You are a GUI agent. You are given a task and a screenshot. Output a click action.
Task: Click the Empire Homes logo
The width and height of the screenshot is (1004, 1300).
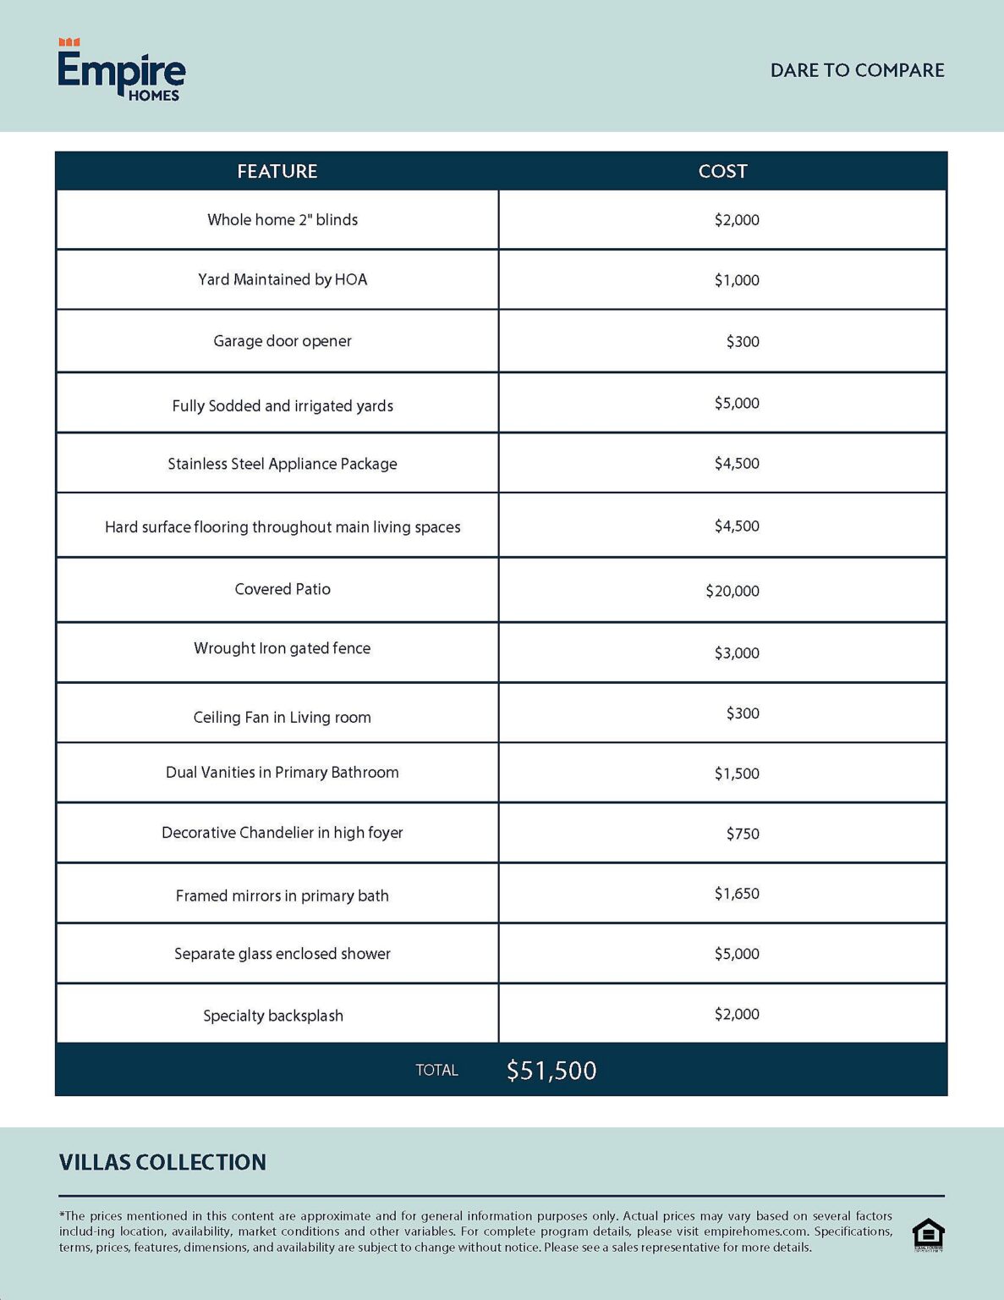point(122,71)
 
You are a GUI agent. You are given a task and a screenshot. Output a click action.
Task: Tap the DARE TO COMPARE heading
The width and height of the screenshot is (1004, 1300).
point(857,70)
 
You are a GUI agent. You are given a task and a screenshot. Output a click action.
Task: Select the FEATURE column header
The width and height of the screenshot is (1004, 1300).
point(277,171)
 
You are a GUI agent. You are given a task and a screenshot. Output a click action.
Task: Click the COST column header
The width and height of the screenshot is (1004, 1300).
point(722,171)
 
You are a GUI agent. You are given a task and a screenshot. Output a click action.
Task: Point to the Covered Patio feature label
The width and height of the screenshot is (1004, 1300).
point(283,589)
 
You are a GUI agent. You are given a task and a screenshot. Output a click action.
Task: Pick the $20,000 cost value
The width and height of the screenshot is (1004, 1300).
point(732,591)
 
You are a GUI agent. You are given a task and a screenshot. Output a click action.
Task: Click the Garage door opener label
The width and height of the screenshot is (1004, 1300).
point(283,341)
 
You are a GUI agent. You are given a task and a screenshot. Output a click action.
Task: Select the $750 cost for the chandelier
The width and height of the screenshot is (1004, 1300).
point(743,834)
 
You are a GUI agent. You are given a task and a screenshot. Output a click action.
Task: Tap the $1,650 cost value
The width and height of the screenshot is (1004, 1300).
point(737,894)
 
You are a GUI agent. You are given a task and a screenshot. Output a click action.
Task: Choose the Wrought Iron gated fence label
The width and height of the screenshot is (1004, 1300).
point(283,648)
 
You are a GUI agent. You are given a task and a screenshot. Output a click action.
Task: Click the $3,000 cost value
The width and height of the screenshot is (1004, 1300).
point(737,653)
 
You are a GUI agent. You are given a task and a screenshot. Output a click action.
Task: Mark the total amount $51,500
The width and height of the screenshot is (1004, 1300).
point(551,1071)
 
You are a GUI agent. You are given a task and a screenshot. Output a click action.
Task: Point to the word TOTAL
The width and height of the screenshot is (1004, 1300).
point(436,1071)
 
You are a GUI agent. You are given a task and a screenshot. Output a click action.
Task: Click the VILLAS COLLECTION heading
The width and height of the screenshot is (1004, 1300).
point(162,1162)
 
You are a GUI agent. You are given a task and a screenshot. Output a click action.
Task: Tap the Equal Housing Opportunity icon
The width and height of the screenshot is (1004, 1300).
point(928,1235)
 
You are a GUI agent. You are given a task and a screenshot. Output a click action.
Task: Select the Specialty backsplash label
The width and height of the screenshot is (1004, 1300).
point(273,1016)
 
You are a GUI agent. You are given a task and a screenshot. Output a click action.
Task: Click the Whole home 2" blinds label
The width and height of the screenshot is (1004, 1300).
point(283,220)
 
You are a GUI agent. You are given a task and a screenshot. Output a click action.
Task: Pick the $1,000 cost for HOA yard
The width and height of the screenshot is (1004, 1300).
point(737,280)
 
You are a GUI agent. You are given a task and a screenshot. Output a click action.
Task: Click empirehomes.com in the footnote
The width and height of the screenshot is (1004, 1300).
point(755,1231)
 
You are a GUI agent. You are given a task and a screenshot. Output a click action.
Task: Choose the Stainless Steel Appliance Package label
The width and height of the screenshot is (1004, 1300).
point(283,464)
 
